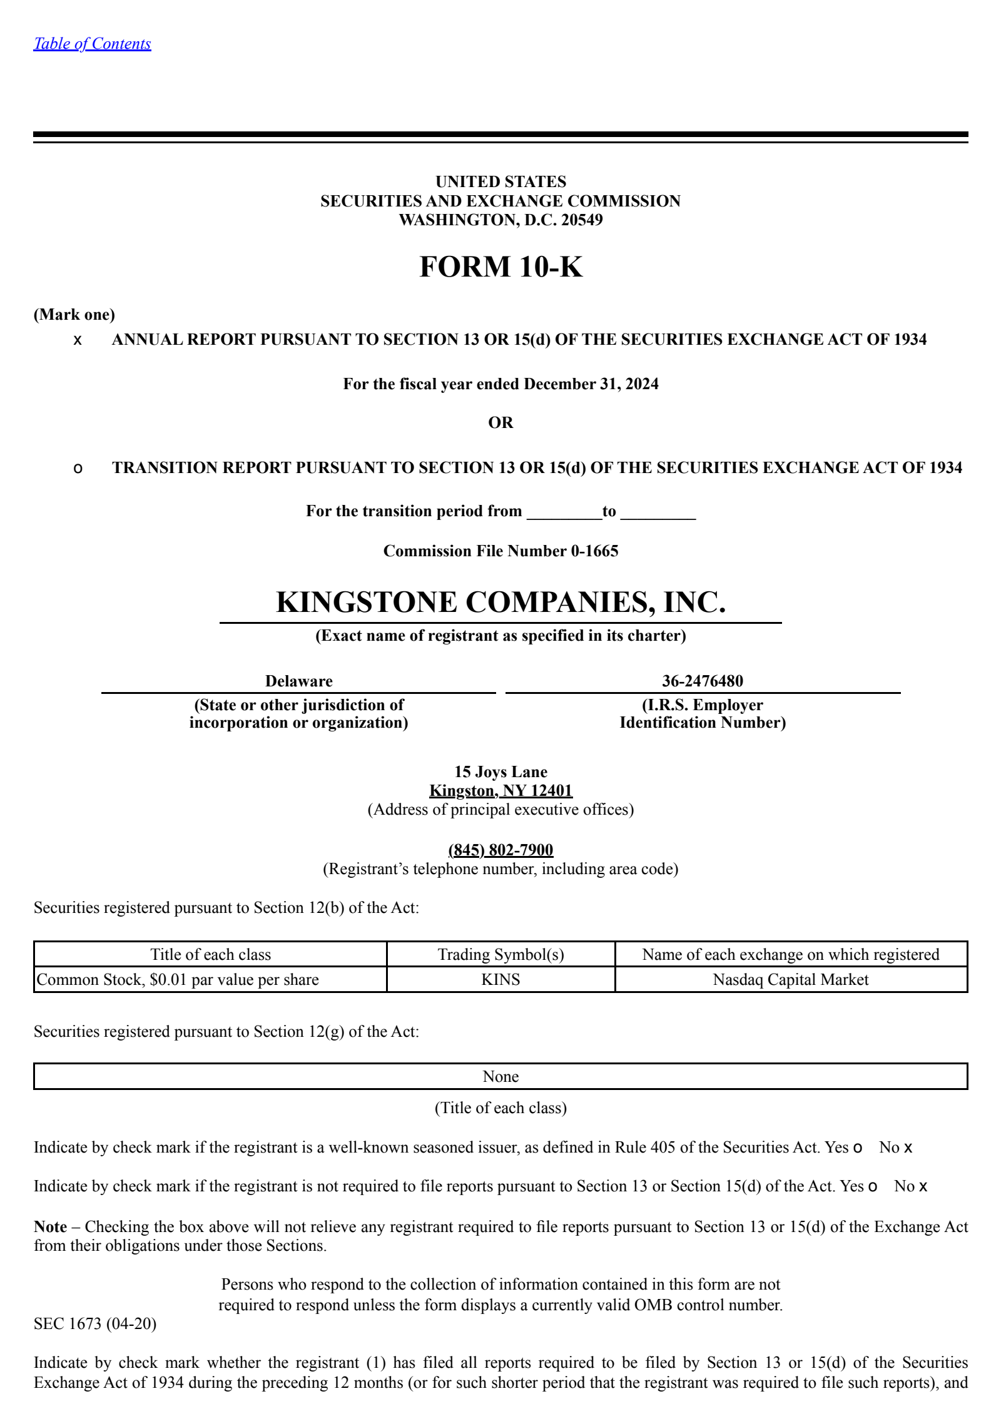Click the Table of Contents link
click(x=92, y=43)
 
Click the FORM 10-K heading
click(x=500, y=267)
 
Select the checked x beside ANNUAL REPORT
click(x=78, y=340)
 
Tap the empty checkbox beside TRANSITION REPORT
click(x=78, y=469)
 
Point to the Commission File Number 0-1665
click(x=500, y=551)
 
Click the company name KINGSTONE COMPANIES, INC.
click(x=500, y=602)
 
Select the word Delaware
click(x=298, y=681)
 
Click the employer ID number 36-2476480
click(x=702, y=681)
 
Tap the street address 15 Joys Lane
click(x=500, y=772)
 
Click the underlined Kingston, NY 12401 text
click(x=500, y=790)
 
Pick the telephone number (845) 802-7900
click(x=500, y=850)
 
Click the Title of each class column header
click(x=210, y=954)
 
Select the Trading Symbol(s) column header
click(x=500, y=954)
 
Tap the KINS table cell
click(x=500, y=979)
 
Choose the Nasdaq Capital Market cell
click(x=790, y=979)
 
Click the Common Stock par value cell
click(x=178, y=979)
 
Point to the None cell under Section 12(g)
click(x=500, y=1076)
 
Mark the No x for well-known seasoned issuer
click(x=907, y=1148)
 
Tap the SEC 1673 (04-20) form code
click(x=95, y=1323)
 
